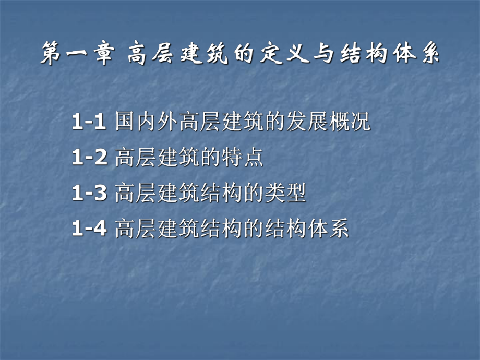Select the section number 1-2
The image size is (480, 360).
pos(89,158)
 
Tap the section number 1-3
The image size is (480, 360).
pos(89,194)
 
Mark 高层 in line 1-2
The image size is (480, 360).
pos(135,158)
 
